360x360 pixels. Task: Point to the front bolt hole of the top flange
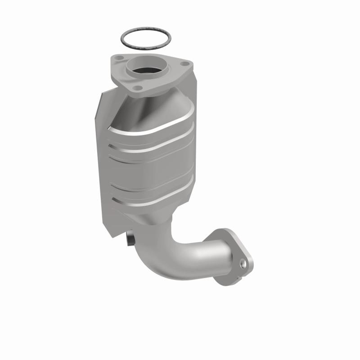click(x=139, y=87)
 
